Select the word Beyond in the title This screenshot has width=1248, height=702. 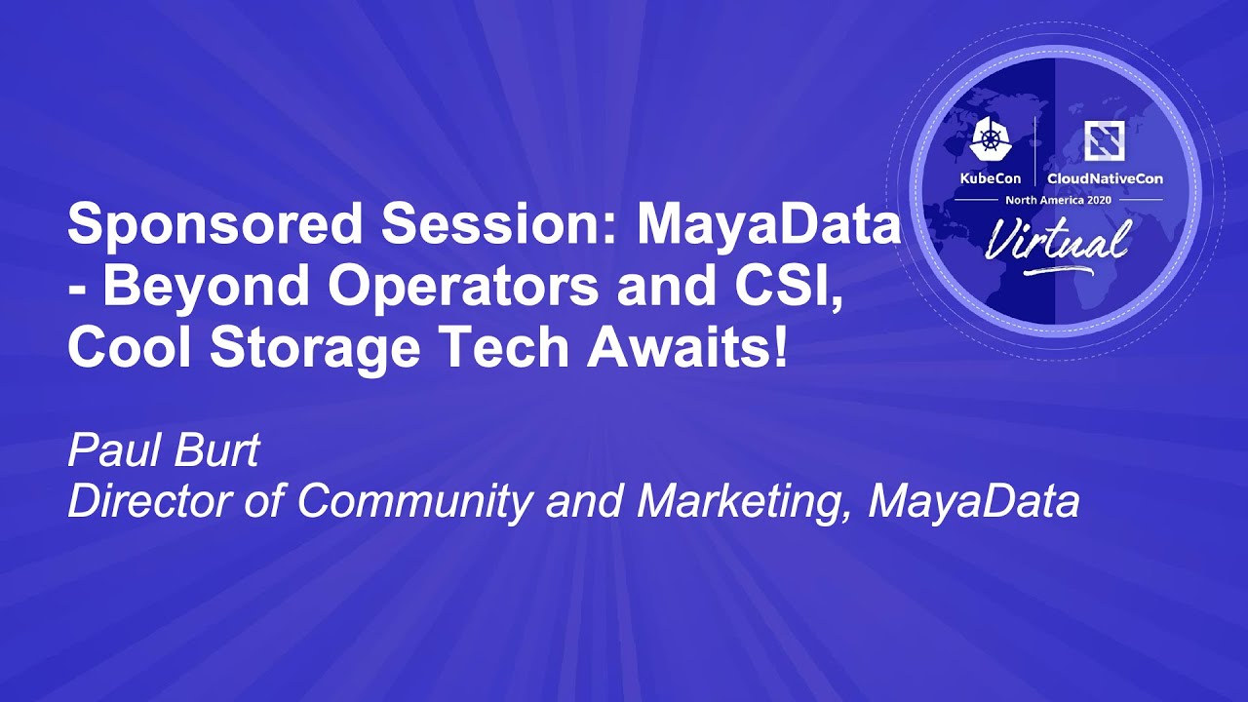tap(206, 288)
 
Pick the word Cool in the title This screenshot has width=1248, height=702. tap(130, 346)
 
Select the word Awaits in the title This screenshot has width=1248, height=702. tap(676, 346)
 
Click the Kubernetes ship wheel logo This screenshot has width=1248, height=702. tap(992, 139)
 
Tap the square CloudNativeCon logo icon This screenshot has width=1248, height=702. tap(1104, 139)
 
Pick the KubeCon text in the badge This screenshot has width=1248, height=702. tap(990, 178)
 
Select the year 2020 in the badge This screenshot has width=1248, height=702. tap(1097, 200)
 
